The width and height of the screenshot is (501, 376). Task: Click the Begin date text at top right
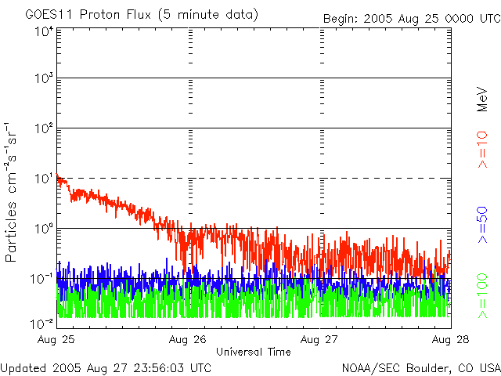(x=411, y=18)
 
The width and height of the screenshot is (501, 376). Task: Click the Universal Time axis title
(x=253, y=352)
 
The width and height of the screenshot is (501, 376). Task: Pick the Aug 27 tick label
(x=321, y=339)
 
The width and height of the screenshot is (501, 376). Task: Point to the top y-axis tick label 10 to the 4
(x=44, y=31)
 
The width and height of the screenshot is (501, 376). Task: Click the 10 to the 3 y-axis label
(x=44, y=78)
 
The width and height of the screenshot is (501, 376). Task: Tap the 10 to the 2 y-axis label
(x=44, y=128)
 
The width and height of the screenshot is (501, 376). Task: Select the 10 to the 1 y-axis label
(x=44, y=179)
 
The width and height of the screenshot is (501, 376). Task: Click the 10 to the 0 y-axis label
(x=44, y=229)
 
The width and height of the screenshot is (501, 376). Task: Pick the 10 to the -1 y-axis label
(x=42, y=278)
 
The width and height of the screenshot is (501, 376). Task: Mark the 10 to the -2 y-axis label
(x=42, y=323)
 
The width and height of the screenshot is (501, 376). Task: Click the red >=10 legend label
(x=483, y=149)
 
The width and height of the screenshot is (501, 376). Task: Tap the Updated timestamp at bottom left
(x=106, y=367)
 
